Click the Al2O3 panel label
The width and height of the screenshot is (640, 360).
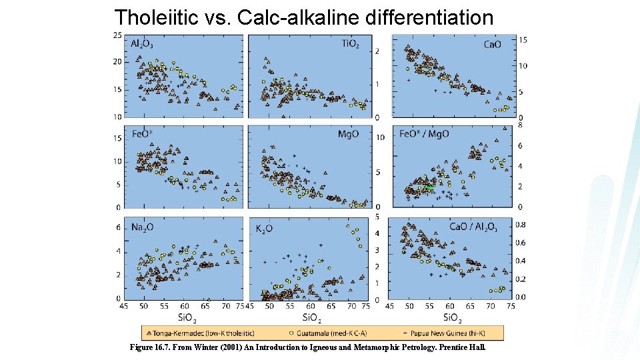143,45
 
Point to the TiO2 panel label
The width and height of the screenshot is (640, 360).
351,45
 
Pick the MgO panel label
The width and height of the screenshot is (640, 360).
348,134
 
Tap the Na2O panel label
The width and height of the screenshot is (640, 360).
143,227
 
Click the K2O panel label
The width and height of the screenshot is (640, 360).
265,229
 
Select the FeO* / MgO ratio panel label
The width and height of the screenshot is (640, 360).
424,134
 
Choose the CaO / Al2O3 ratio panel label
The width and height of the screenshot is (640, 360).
473,227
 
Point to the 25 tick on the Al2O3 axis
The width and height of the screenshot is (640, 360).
117,35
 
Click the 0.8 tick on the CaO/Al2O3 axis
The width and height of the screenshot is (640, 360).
521,225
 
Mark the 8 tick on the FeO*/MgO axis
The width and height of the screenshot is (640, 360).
520,125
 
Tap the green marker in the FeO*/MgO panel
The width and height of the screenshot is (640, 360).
430,189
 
